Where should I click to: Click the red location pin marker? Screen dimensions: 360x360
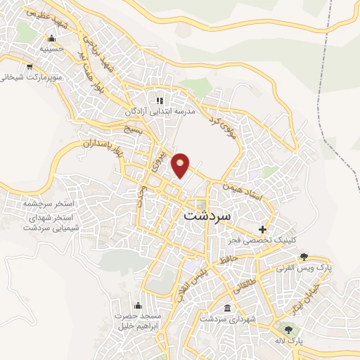[x=181, y=165]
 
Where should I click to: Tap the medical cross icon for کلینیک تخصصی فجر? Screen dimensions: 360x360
[x=263, y=229]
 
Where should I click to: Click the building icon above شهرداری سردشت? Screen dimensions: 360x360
[x=227, y=309]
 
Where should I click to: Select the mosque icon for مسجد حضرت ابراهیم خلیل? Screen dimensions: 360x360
[x=137, y=305]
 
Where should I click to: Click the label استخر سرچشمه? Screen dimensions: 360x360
[x=49, y=203]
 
